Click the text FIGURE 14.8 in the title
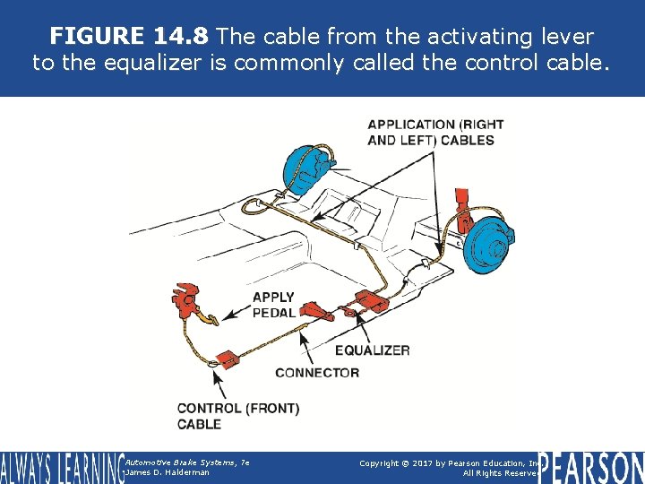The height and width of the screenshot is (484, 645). [129, 36]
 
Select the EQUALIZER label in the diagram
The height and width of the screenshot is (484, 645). [372, 350]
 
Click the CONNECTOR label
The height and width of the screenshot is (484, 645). [317, 372]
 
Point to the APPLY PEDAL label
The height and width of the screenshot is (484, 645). [272, 305]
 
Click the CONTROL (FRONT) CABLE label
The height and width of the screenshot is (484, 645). [238, 416]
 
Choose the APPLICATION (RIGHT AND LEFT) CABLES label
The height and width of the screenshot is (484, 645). [435, 132]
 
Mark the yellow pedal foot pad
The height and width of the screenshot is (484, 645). [210, 317]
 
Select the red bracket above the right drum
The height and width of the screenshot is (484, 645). [463, 208]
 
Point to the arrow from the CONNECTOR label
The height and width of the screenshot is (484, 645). [306, 350]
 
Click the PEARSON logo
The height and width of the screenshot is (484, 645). [591, 466]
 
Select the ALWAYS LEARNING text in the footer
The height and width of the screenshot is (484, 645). [61, 467]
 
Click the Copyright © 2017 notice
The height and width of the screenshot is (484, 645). [448, 462]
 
